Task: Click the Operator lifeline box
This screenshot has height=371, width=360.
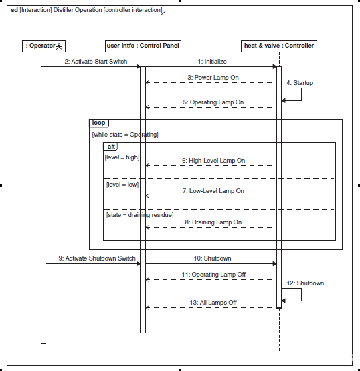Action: (x=43, y=46)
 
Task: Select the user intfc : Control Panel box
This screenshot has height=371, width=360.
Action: (x=143, y=46)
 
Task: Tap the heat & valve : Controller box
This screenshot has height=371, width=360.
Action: (x=279, y=46)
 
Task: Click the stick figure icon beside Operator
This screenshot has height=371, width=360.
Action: (x=59, y=46)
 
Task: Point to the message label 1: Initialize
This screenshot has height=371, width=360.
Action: (x=212, y=62)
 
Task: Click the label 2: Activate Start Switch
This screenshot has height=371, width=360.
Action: (x=96, y=62)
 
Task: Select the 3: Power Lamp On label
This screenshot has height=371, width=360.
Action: (x=213, y=78)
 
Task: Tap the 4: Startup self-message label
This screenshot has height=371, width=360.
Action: (x=300, y=83)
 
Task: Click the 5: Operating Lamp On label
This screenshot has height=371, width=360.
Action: (x=213, y=102)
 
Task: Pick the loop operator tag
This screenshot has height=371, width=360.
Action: (x=99, y=123)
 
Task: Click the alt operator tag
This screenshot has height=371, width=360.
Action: (x=111, y=147)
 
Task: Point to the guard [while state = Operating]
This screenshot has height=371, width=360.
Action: (x=125, y=135)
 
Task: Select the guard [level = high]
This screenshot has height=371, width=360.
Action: (x=122, y=157)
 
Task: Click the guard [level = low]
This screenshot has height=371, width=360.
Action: (x=122, y=185)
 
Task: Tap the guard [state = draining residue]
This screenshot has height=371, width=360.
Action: (x=140, y=215)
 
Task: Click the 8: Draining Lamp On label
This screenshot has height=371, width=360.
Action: (x=213, y=222)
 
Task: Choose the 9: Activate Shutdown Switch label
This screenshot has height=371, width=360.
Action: (x=97, y=258)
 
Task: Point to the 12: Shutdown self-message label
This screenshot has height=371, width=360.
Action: (x=305, y=283)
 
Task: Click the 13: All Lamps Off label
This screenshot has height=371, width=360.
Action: (x=213, y=303)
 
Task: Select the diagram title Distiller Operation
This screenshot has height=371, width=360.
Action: (x=78, y=10)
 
